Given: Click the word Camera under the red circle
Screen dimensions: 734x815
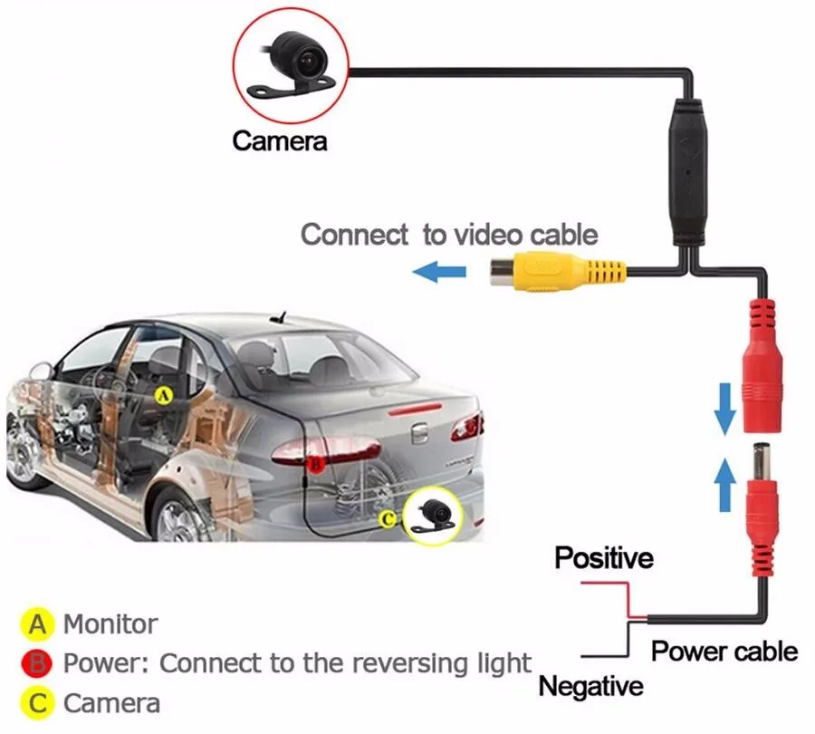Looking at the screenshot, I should coord(279,140).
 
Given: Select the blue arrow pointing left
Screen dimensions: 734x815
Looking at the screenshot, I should coord(439,269).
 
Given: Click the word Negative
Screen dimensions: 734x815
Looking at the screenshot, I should coord(590,686).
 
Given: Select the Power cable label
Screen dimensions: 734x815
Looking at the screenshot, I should coord(724,650).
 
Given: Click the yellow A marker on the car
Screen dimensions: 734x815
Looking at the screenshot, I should coord(163,394).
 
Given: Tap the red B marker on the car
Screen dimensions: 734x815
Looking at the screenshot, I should coord(314,463).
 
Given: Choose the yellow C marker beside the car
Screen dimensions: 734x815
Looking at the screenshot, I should coord(387,519).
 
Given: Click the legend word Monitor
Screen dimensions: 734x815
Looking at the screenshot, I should coord(110,623).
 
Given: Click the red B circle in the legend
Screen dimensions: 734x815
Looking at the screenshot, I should coord(37,662).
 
